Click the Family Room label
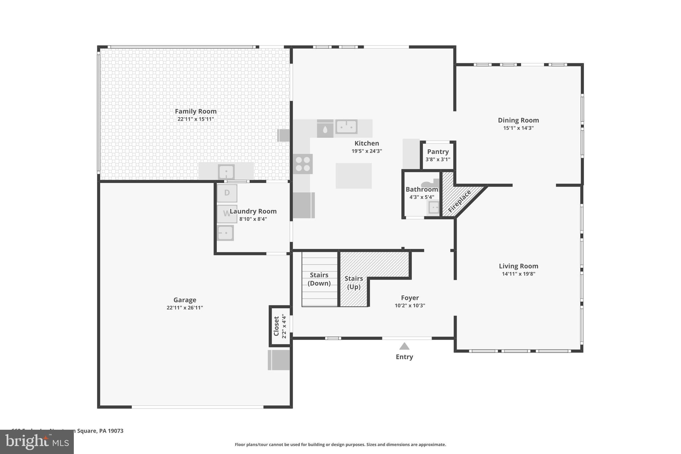point(196,111)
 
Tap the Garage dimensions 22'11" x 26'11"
point(185,308)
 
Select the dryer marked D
point(227,193)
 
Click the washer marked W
point(227,214)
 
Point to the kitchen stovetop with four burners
point(303,164)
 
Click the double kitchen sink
point(346,127)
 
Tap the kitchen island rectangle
point(353,176)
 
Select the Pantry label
point(438,152)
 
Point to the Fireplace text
point(460,201)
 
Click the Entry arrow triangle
point(404,346)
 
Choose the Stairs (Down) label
point(319,279)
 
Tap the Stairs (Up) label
point(353,282)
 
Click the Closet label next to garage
point(276,326)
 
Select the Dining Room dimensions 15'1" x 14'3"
point(518,128)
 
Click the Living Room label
point(518,266)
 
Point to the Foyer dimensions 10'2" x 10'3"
point(410,306)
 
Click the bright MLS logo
point(37,442)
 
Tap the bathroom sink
point(434,208)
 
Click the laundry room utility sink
point(225,232)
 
